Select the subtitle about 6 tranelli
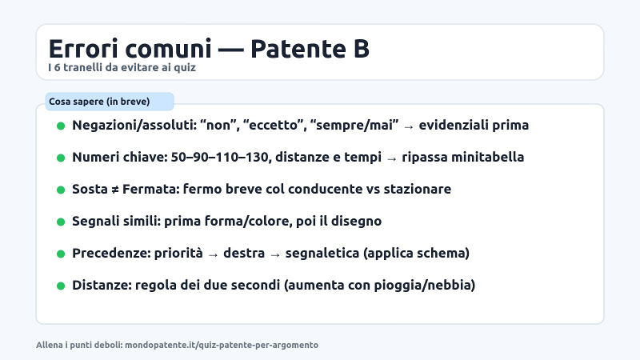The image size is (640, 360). (122, 68)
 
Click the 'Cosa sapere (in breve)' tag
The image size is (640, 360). (99, 102)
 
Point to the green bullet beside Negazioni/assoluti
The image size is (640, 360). (60, 126)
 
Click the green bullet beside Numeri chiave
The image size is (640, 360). (60, 158)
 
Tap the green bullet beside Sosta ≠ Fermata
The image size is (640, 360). (60, 190)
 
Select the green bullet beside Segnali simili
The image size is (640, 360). (60, 222)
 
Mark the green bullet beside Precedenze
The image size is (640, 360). (60, 254)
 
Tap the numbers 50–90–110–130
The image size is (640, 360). (217, 158)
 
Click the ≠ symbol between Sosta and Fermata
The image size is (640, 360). (113, 190)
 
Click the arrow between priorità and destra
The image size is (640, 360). (213, 254)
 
